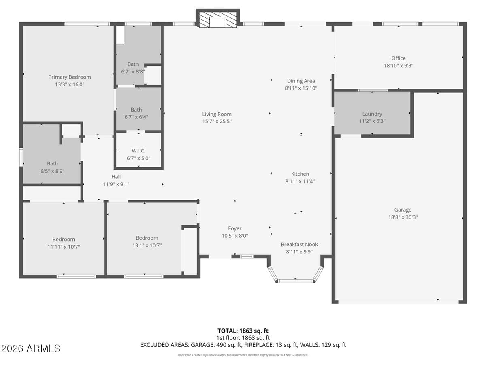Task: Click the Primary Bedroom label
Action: tap(70, 77)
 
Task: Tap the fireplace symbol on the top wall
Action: tap(218, 19)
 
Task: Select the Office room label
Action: tap(398, 58)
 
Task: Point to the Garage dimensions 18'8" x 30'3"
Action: tap(403, 217)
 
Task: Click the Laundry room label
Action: tap(372, 114)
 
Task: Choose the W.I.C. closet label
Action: tap(139, 151)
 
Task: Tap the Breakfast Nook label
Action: tap(299, 244)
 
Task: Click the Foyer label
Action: tap(234, 228)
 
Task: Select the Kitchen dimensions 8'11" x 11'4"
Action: tap(300, 181)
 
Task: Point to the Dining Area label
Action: tap(301, 81)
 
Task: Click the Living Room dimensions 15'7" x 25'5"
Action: tap(217, 121)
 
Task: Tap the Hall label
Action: tap(116, 177)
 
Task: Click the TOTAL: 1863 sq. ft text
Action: tap(243, 331)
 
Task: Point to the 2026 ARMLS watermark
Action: tap(31, 348)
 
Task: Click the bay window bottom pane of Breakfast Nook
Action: tap(296, 281)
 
